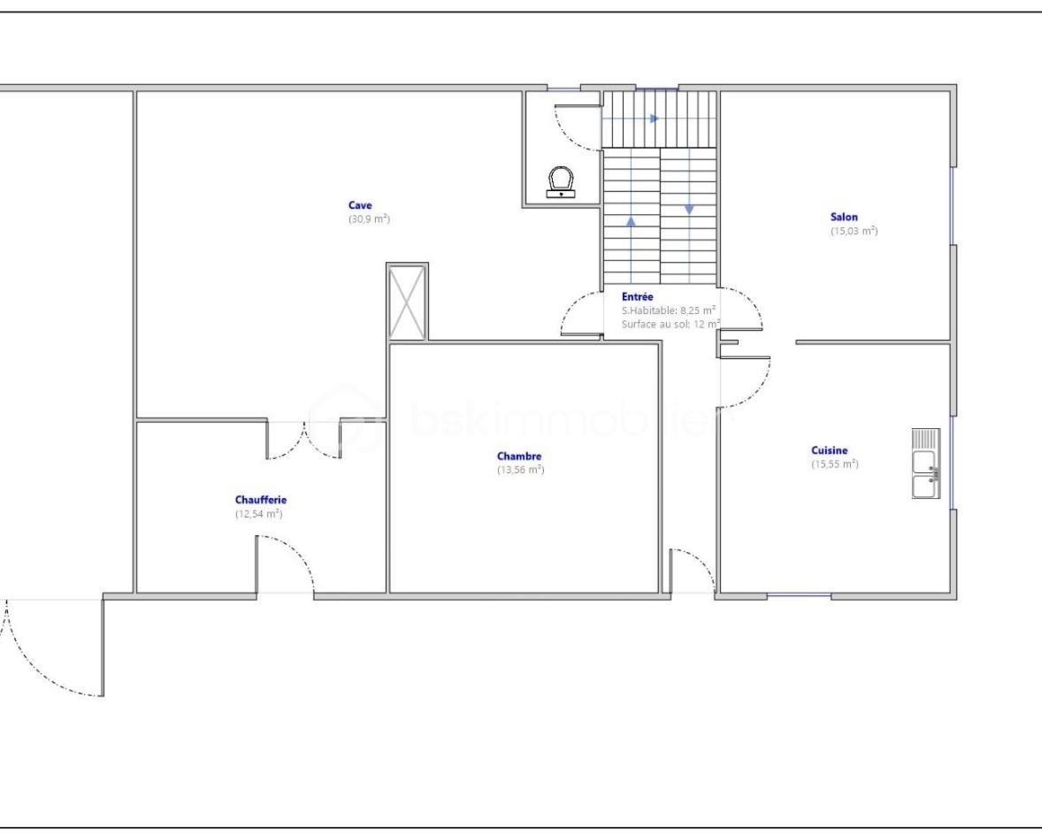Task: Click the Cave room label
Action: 360,205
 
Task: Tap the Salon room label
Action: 844,217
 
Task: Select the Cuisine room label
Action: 830,450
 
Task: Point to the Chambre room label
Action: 519,456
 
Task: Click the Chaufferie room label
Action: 260,500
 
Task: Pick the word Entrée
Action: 637,297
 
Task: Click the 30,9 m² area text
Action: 369,218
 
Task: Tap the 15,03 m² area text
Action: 854,231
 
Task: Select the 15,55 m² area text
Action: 835,464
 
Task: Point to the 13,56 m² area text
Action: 521,470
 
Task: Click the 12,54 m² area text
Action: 259,514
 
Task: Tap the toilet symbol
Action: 562,181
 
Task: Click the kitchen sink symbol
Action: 926,463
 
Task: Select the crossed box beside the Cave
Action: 407,302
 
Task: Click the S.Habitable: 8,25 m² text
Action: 669,310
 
